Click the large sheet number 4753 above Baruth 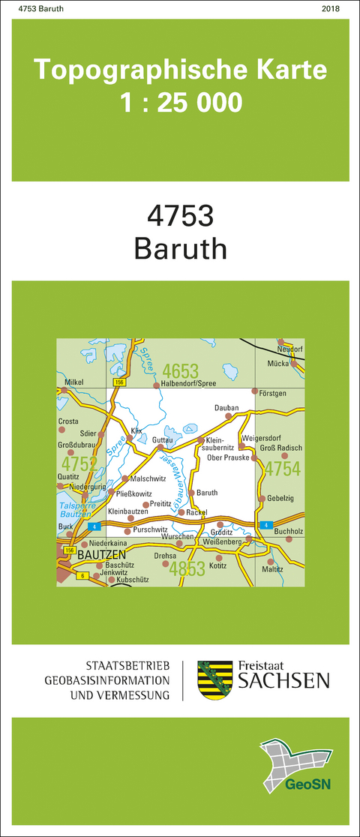180,216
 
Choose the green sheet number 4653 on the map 180,370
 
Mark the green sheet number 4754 282,469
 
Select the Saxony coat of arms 213,679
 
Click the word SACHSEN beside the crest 283,680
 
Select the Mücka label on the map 279,362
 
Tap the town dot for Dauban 228,415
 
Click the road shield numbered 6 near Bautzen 82,575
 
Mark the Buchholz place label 289,530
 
